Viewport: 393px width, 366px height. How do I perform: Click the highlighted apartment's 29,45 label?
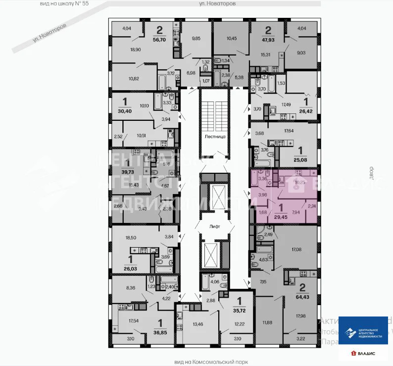pos(281,216)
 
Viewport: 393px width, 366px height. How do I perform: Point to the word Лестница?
pos(215,135)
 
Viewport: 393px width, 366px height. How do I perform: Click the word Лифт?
pos(214,225)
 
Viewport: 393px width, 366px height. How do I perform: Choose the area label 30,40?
pos(123,110)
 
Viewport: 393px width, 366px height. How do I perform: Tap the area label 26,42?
pos(305,111)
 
